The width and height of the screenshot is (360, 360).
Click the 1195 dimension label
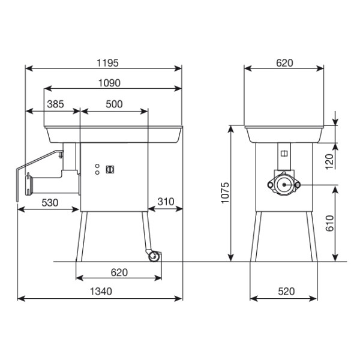(x=107, y=63)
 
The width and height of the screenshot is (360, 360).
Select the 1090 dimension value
(x=109, y=83)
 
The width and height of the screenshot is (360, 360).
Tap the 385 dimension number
(x=55, y=104)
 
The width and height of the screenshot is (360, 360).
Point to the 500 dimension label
(x=114, y=104)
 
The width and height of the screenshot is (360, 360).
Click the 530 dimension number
(x=50, y=203)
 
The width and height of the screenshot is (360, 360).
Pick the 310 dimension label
(x=166, y=202)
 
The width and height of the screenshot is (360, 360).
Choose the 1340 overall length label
(x=101, y=292)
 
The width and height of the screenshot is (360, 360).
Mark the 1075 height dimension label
(x=225, y=193)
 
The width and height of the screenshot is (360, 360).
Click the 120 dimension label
(x=329, y=161)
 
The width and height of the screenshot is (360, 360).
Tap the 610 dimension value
(x=329, y=223)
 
